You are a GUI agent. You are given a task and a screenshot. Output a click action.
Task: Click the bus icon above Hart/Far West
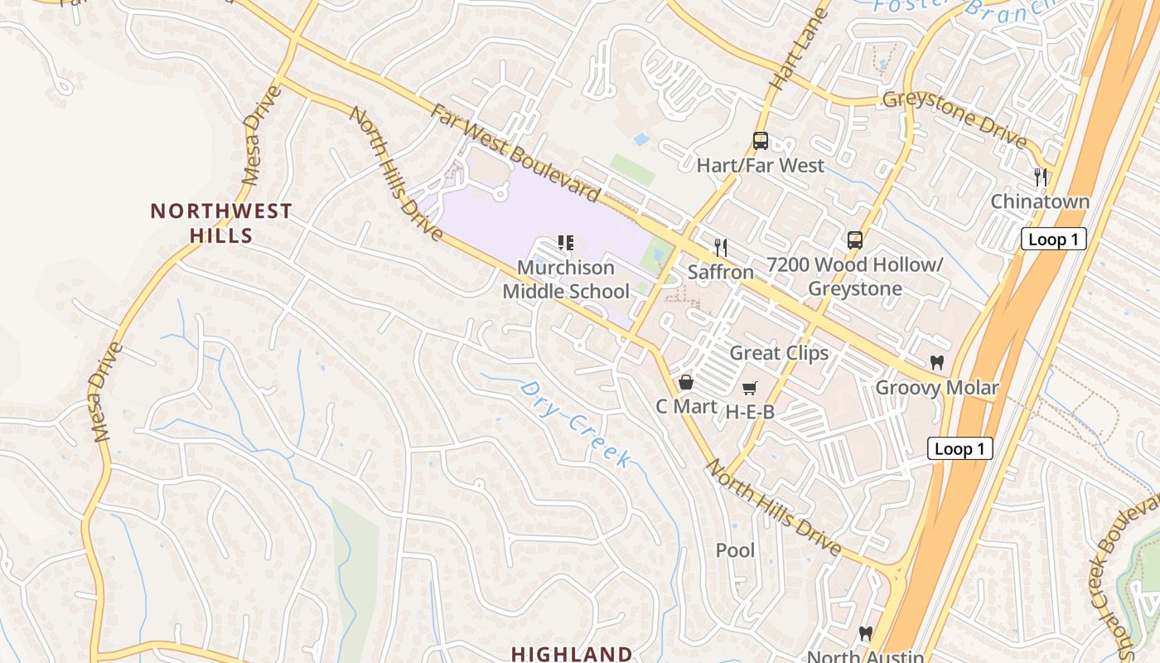coord(760,141)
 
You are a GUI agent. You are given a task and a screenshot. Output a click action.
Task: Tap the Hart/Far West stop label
coord(760,165)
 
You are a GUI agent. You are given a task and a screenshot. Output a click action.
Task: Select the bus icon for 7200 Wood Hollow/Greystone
coord(854,240)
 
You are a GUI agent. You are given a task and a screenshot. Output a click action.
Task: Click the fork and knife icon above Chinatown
coord(1040,177)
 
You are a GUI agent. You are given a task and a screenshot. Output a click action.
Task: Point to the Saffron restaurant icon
coord(721,247)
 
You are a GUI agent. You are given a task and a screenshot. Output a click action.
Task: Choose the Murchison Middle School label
coord(566,279)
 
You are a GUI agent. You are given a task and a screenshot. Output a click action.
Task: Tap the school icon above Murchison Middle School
coord(566,243)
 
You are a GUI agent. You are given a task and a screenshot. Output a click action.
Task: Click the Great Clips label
coord(778,353)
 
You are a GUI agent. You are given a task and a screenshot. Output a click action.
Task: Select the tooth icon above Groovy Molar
coord(937,362)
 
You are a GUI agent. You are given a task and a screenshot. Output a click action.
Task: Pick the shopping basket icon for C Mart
coord(686,382)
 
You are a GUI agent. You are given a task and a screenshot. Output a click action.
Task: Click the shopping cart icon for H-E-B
coord(750,387)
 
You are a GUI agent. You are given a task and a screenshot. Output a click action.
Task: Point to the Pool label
coord(735,550)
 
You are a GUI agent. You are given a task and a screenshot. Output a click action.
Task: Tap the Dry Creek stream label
coord(577,423)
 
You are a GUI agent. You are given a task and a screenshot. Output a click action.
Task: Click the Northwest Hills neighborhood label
coord(220,223)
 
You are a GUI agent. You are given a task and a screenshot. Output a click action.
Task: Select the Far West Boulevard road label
coord(514,152)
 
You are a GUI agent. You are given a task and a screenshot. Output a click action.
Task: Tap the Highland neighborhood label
coord(571,653)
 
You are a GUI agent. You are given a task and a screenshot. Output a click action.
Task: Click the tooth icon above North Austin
coord(866,633)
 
